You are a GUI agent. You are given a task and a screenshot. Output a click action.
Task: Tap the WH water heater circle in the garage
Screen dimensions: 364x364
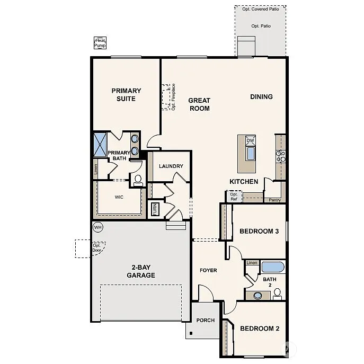pyautogui.click(x=97, y=227)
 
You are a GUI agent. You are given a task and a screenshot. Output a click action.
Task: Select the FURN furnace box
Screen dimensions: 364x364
pyautogui.click(x=155, y=209)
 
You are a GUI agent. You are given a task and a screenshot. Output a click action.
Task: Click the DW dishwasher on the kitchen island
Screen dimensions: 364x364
pyautogui.click(x=250, y=140)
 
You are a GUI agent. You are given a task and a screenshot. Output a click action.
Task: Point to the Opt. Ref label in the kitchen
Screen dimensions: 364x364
pyautogui.click(x=234, y=197)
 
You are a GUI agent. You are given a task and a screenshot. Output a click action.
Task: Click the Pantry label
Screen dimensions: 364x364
pyautogui.click(x=274, y=200)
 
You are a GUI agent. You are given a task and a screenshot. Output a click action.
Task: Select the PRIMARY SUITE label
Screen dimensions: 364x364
pyautogui.click(x=126, y=95)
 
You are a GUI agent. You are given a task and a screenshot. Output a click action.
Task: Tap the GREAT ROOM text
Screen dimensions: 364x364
pyautogui.click(x=199, y=104)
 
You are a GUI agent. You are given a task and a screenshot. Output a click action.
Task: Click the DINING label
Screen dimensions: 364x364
pyautogui.click(x=261, y=97)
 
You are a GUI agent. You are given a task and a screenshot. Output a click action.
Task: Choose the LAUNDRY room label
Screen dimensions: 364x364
pyautogui.click(x=171, y=166)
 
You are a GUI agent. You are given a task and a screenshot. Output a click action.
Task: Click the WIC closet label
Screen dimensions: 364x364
pyautogui.click(x=119, y=197)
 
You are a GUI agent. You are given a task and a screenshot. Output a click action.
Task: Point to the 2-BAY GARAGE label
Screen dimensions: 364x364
pyautogui.click(x=141, y=271)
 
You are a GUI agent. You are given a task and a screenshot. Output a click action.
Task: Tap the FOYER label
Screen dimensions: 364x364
pyautogui.click(x=208, y=271)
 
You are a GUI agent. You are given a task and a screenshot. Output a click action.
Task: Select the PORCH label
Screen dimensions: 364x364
pyautogui.click(x=206, y=321)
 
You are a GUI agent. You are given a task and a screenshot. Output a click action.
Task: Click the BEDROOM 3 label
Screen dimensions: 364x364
pyautogui.click(x=259, y=231)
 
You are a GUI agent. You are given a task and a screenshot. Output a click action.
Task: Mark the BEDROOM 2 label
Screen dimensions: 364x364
pyautogui.click(x=259, y=329)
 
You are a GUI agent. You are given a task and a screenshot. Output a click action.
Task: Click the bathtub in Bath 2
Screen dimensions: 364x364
pyautogui.click(x=272, y=267)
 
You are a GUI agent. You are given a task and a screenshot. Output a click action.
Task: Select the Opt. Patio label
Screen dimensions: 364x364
pyautogui.click(x=261, y=26)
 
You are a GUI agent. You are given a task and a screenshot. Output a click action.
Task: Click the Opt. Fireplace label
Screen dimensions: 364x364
pyautogui.click(x=173, y=97)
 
